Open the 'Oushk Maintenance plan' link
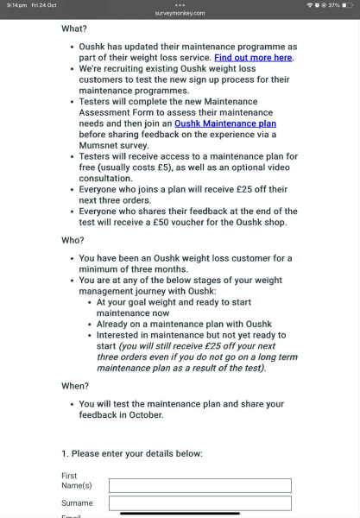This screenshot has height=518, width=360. point(225,123)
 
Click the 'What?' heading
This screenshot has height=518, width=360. point(74,28)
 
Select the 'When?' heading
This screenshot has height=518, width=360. point(75,386)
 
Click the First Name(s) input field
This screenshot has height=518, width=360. point(199,485)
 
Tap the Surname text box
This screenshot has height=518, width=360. point(199,503)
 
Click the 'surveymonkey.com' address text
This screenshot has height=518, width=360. point(180,13)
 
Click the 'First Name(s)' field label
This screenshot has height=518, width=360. point(77,481)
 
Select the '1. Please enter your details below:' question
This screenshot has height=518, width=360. point(132,453)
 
